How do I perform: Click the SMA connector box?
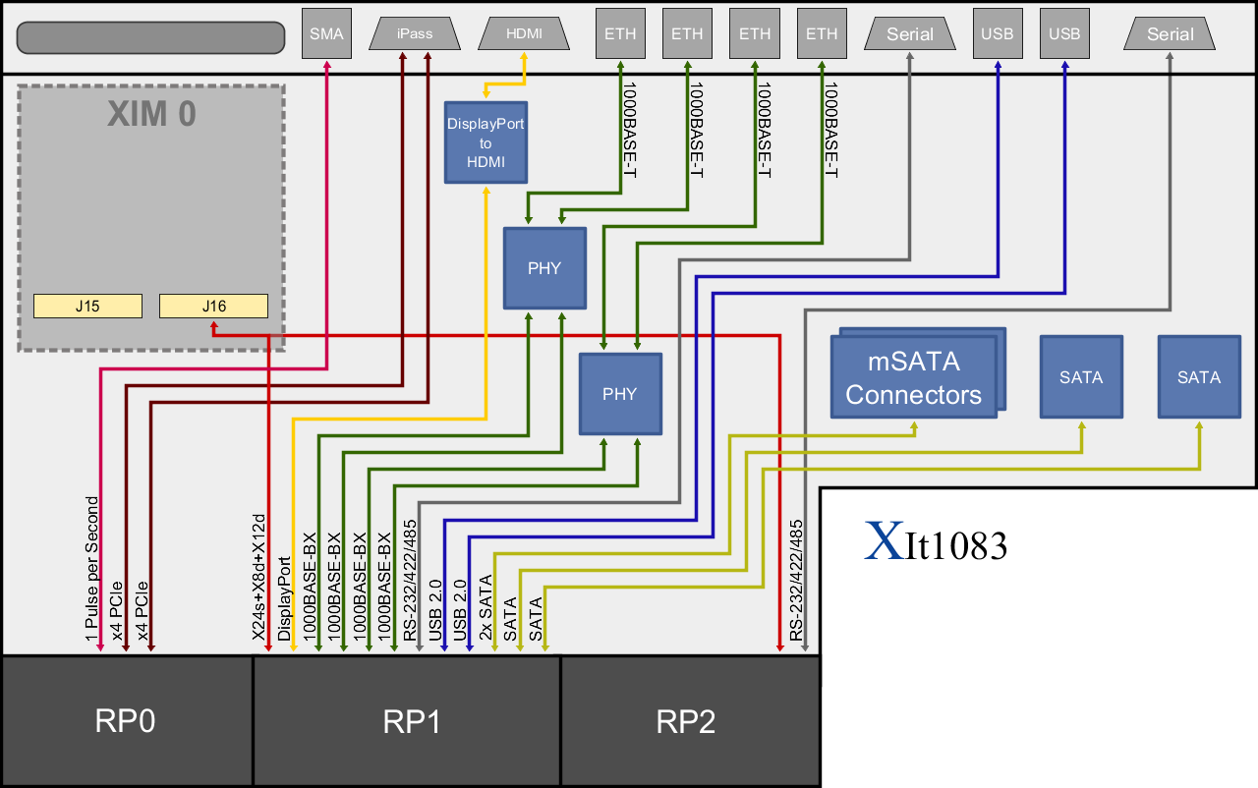pos(326,34)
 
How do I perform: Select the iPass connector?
pos(415,34)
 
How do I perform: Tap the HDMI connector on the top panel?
pos(523,34)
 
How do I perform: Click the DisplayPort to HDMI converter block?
pos(486,142)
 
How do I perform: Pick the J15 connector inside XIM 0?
pos(87,306)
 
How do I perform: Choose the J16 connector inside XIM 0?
pos(213,306)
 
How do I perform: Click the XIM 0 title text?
pos(151,115)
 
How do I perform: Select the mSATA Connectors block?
pos(913,378)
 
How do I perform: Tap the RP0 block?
pos(126,722)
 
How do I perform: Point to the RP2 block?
pos(686,722)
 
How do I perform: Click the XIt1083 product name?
pos(936,542)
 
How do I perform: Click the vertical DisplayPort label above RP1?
pos(284,599)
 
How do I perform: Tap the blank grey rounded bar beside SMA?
pos(150,37)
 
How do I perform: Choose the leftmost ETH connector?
pos(620,34)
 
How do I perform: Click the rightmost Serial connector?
pos(1170,34)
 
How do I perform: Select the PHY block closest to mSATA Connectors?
pos(619,394)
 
